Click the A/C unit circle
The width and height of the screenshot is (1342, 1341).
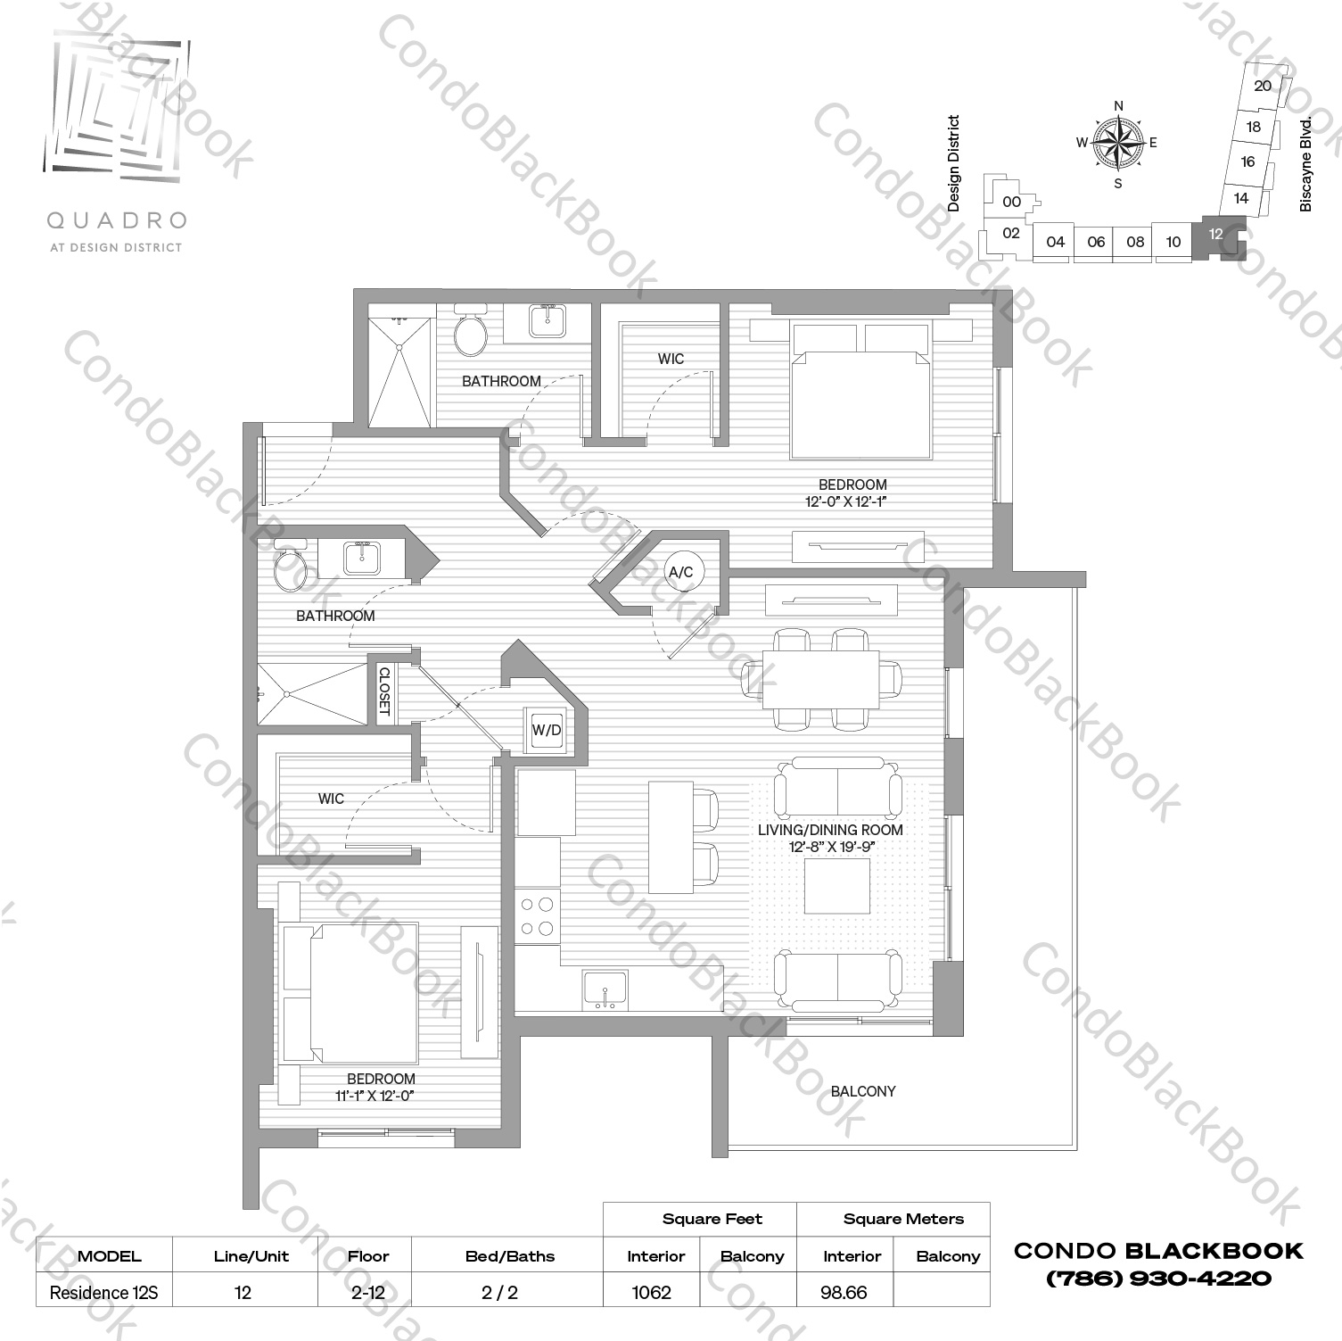pos(680,572)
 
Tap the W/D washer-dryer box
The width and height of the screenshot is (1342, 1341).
pos(547,730)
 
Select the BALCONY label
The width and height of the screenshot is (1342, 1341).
pos(862,1091)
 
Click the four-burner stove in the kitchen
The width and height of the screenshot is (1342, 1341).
pos(538,916)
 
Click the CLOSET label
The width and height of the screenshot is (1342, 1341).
pos(384,691)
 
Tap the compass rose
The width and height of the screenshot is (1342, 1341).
pos(1118,143)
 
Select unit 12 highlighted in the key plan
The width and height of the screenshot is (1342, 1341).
pos(1215,234)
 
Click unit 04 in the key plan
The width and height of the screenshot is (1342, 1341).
pos(1055,241)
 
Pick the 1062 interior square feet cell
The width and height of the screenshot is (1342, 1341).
pos(651,1292)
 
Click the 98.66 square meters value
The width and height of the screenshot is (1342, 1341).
pos(844,1292)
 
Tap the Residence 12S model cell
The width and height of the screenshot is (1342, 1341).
pos(103,1292)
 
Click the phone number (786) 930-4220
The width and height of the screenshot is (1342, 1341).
pos(1158,1279)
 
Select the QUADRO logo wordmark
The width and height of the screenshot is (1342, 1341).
pos(116,219)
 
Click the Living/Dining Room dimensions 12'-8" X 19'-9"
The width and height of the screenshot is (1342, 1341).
pos(830,847)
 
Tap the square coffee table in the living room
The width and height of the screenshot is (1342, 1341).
pos(837,886)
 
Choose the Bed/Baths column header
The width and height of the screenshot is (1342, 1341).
pos(509,1256)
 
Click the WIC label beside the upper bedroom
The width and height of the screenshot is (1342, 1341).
pos(671,359)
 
